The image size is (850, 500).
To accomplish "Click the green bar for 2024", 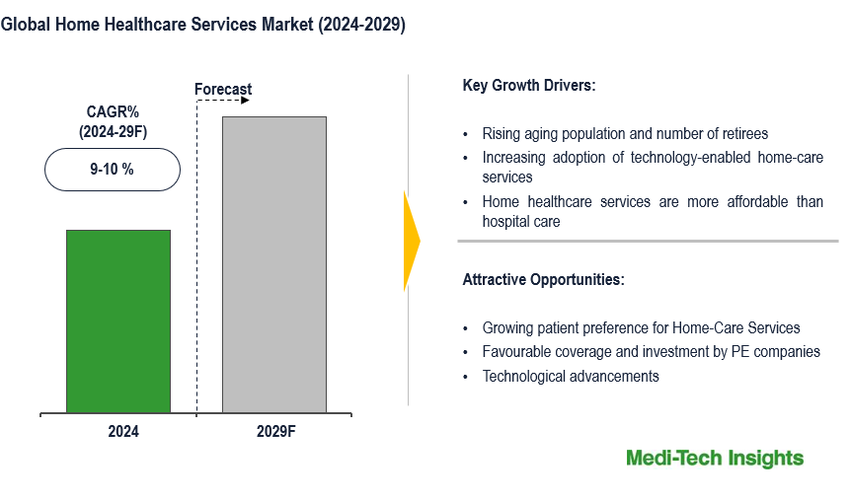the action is point(118,321).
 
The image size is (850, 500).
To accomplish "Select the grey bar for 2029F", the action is point(274,264).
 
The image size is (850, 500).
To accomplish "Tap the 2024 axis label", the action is point(123,431).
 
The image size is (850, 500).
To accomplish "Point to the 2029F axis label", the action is point(275,431).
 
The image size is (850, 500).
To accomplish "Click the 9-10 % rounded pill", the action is point(113,170).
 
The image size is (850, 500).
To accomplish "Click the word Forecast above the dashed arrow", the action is point(223,89).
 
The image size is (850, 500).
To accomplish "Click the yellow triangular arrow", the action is point(412,241).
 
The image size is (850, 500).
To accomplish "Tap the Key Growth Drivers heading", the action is point(528,86).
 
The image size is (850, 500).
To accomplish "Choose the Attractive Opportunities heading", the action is point(543,279).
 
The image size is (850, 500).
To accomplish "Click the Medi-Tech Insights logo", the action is point(715,459).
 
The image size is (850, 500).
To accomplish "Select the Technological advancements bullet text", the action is point(571,376).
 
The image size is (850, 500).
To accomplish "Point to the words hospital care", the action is point(521,222).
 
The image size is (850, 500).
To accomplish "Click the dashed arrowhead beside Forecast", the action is point(245,101).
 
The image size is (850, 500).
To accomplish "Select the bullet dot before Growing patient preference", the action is point(465,328).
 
